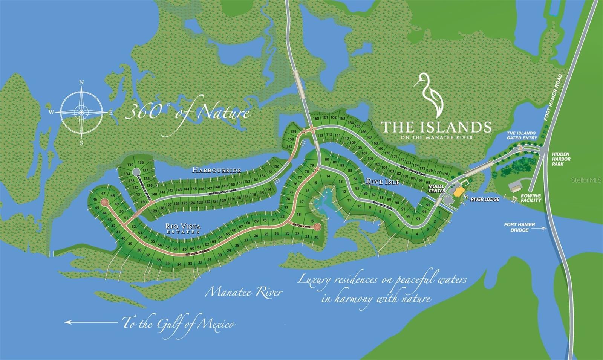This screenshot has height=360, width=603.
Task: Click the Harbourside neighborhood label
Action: point(216,170)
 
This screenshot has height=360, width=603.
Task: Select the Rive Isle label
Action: point(383,182)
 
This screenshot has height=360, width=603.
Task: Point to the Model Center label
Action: point(436,188)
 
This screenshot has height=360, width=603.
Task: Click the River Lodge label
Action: point(485,199)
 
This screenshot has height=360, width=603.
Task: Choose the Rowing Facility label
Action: point(531,198)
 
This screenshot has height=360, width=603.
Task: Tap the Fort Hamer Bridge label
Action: point(519,227)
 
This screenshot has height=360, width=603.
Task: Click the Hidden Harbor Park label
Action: point(561,159)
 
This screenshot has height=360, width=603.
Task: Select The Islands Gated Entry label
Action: point(521,135)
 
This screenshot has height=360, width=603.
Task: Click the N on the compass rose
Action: point(81,83)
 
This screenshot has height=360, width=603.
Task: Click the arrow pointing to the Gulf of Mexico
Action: point(90,322)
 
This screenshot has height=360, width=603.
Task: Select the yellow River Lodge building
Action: point(459,192)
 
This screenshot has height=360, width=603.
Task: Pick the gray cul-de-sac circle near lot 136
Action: point(136,172)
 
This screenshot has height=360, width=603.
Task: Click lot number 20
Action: point(316,237)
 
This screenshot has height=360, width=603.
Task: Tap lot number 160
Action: point(316,119)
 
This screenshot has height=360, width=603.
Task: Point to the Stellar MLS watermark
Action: point(586,180)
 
